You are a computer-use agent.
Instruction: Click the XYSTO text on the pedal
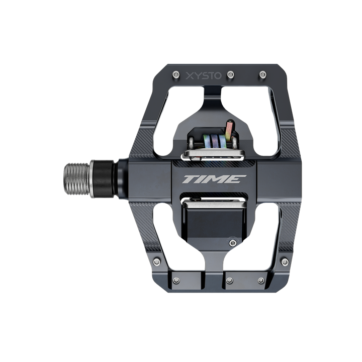(204, 76)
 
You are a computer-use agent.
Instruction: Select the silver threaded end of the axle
(77, 178)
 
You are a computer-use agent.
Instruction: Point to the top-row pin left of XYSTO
(176, 74)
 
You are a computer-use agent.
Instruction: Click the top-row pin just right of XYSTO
(230, 74)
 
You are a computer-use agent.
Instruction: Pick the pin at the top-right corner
(263, 74)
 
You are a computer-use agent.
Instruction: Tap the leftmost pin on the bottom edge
(176, 281)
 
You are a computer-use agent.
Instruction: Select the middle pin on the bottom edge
(229, 281)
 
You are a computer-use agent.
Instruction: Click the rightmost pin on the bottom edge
(261, 281)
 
